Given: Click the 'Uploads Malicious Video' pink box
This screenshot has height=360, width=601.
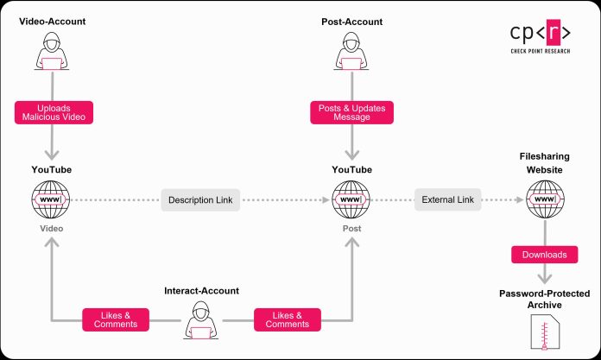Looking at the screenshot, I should point(54,111).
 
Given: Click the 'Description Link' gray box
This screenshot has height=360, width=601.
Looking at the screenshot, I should point(200,200).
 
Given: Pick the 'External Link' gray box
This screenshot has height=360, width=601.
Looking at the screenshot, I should point(447,200).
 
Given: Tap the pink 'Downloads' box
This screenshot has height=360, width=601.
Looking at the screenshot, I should point(544,256).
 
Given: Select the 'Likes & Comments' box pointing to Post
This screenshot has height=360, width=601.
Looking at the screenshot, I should point(288,319).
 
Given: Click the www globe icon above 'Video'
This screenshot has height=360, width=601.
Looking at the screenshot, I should point(54,200).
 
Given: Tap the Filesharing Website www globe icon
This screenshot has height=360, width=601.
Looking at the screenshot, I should point(544,200).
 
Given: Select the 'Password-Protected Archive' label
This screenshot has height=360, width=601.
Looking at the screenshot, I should point(544,299).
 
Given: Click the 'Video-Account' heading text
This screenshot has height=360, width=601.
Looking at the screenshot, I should point(54,20).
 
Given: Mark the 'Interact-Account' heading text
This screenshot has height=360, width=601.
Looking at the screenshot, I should point(201,291).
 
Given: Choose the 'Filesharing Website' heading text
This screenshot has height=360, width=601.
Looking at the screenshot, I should point(544,165).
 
